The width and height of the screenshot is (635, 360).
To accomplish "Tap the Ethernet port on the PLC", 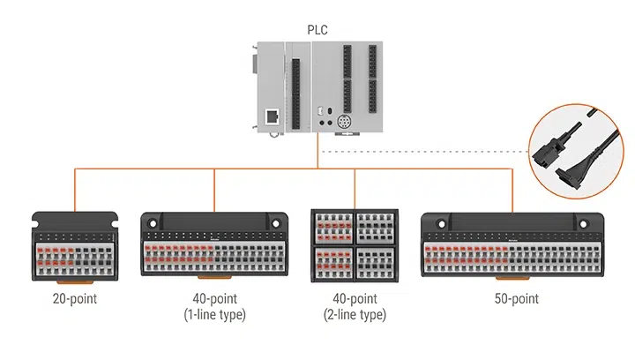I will click(273, 116).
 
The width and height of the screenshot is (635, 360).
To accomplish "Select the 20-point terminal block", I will click(74, 247).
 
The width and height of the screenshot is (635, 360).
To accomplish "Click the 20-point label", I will click(74, 299).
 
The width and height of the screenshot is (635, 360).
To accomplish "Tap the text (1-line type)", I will click(214, 314).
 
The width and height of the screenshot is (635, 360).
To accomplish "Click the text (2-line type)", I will click(355, 314).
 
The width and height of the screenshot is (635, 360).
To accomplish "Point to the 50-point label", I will click(512, 299).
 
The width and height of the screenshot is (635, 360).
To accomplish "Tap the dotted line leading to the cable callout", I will click(423, 151).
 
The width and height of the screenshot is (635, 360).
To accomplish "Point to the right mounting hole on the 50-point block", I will click(593, 222).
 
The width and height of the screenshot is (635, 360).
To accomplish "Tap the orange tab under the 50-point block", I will click(512, 282).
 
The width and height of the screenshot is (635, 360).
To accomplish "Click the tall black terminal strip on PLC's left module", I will click(295, 88).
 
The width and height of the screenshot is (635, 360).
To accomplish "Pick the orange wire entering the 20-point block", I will click(74, 190).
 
